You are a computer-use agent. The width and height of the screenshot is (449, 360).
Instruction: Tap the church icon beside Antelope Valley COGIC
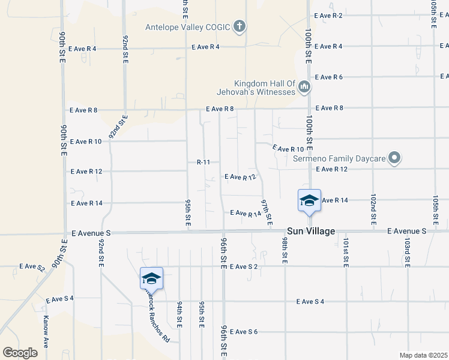click(x=240, y=26)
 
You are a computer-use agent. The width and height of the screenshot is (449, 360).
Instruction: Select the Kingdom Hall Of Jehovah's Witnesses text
click(x=256, y=88)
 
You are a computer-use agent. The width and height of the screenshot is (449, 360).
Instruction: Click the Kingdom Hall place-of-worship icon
click(x=304, y=88)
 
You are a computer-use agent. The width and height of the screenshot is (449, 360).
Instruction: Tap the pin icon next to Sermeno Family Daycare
click(x=394, y=158)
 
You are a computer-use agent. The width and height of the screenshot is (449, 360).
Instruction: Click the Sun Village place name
click(x=311, y=231)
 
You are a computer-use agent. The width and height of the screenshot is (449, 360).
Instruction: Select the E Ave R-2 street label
click(x=328, y=16)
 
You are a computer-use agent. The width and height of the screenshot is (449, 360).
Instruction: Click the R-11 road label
click(x=203, y=162)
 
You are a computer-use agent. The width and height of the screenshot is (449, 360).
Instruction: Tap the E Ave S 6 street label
click(x=243, y=332)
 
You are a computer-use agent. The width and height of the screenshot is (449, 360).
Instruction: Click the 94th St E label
click(x=179, y=315)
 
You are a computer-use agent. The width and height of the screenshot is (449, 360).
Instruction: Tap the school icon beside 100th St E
click(x=309, y=200)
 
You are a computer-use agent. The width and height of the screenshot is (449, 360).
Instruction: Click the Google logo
click(x=20, y=352)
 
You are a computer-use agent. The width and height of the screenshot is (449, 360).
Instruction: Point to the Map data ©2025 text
click(x=423, y=355)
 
